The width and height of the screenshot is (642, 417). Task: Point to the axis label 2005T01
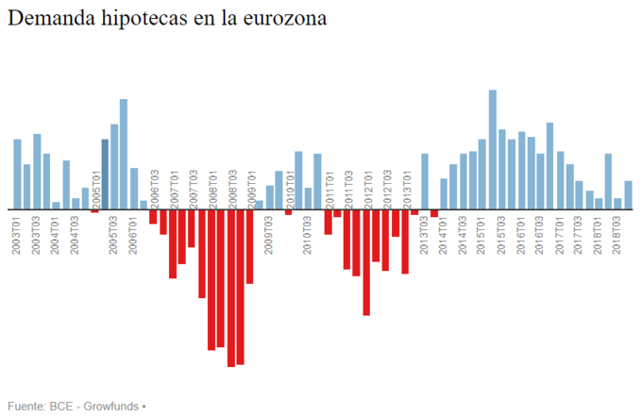(x=95, y=190)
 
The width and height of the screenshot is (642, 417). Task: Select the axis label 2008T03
(x=231, y=190)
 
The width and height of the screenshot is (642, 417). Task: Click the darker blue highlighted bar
(x=105, y=175)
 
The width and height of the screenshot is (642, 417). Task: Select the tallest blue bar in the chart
(x=493, y=150)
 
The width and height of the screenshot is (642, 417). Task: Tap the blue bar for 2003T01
(x=17, y=175)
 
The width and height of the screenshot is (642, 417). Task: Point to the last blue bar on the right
(x=629, y=195)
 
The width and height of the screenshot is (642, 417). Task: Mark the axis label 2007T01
(x=173, y=190)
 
